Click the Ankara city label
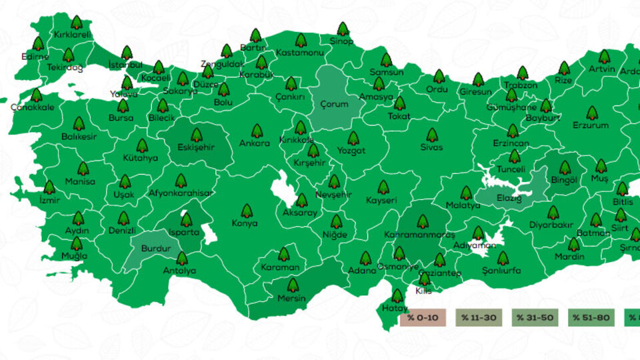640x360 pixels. click(255, 143)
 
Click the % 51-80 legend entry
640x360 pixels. click(591, 318)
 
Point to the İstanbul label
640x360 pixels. click(125, 65)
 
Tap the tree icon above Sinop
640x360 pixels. click(343, 29)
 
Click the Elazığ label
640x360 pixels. click(508, 199)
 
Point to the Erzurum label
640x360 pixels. click(591, 125)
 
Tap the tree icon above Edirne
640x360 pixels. click(38, 44)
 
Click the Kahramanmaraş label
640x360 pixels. click(420, 235)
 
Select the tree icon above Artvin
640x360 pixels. click(604, 57)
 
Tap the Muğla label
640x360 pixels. click(74, 256)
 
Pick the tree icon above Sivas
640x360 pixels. click(432, 135)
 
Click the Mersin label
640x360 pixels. click(291, 298)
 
